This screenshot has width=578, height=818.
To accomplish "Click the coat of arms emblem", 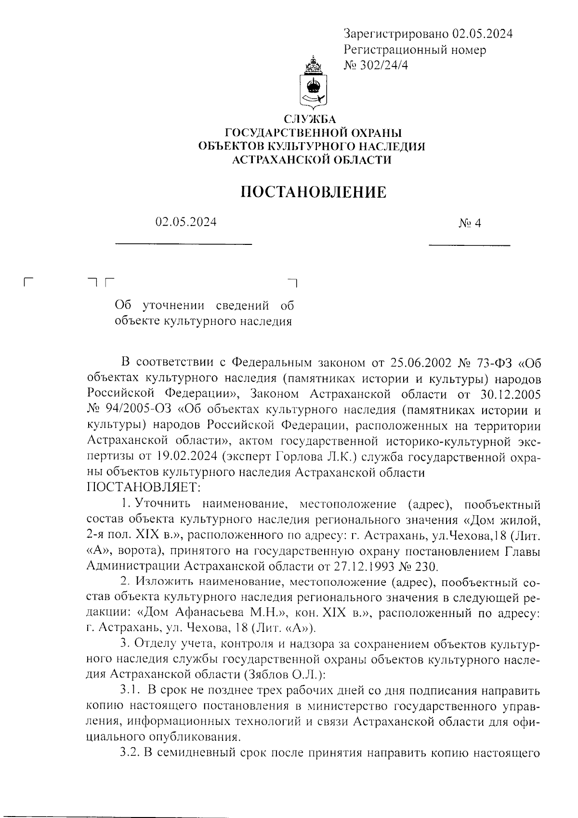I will [314, 84].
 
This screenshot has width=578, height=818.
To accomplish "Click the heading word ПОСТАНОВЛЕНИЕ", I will [314, 192].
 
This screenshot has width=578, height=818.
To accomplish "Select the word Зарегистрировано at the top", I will [397, 34].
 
